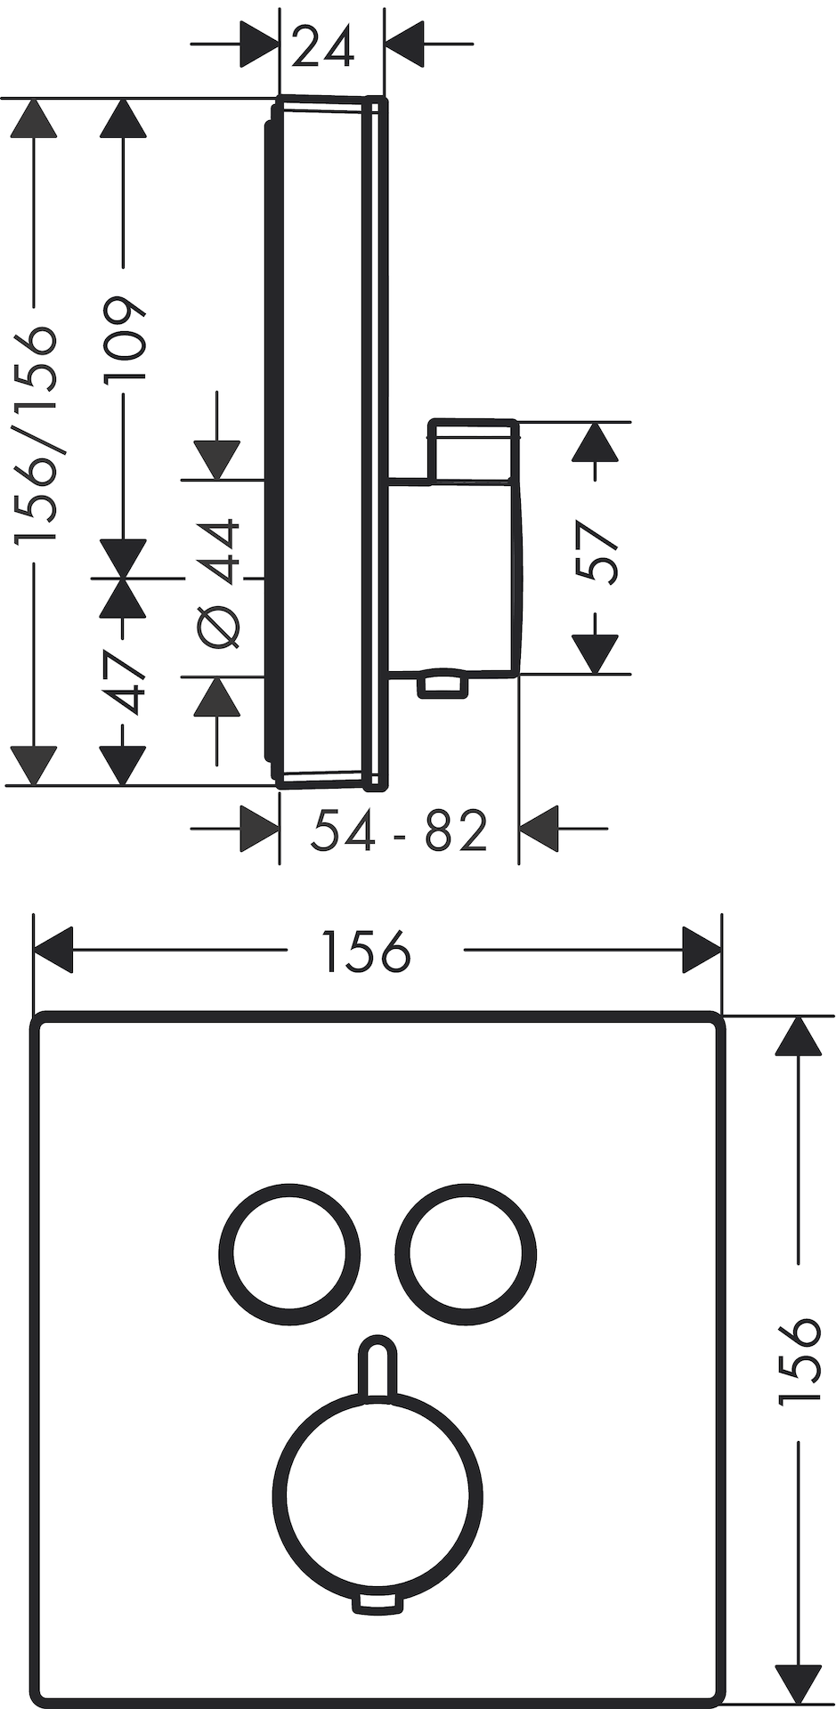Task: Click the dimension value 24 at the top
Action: pos(322,47)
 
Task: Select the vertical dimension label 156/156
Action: pos(37,434)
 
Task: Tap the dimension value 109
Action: pos(124,338)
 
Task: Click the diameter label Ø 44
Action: pos(219,583)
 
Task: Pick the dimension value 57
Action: pos(596,553)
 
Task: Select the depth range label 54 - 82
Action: pos(399,830)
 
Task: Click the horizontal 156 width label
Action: pos(366,951)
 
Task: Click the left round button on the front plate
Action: pos(289,1253)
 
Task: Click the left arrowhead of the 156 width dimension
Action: pos(52,951)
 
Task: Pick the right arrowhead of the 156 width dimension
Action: pos(702,951)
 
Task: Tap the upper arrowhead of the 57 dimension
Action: pos(595,441)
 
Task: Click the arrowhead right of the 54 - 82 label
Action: pos(538,829)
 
